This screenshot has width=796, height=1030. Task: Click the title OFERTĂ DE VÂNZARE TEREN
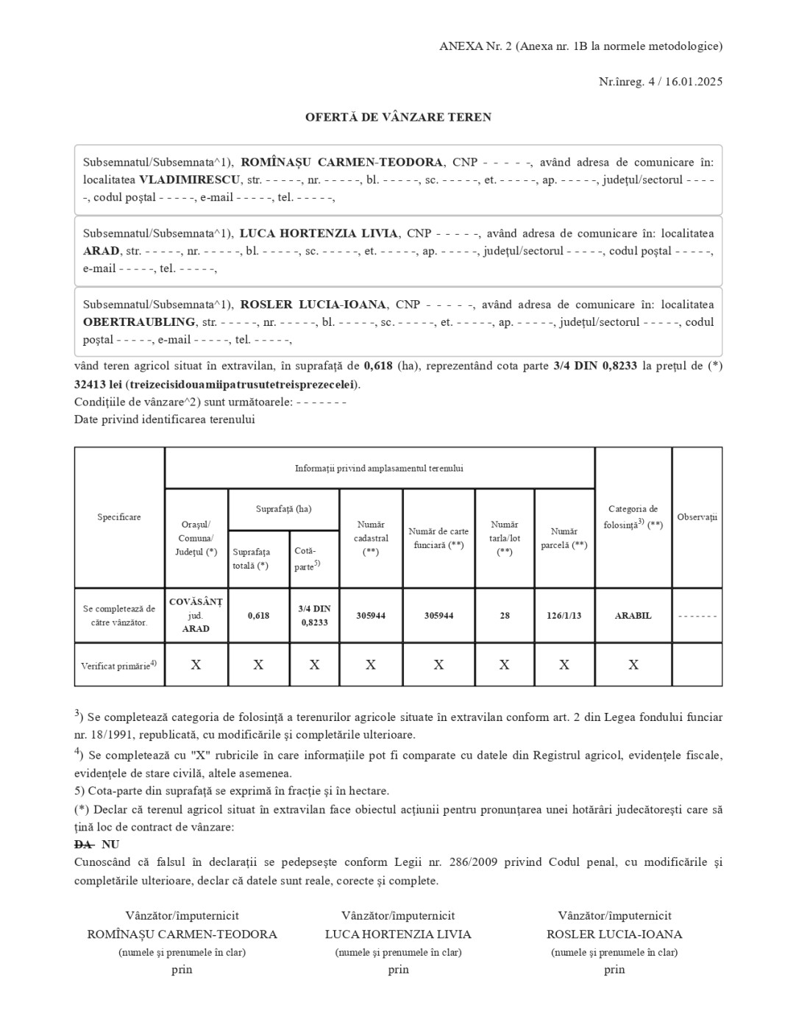[398, 117]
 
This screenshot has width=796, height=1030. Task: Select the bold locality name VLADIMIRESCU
[190, 180]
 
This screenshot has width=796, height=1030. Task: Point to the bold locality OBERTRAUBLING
[139, 322]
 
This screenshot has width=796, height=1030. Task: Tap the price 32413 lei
[99, 384]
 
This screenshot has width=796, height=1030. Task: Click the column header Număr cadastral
[371, 538]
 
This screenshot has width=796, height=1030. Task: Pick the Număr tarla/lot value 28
[505, 616]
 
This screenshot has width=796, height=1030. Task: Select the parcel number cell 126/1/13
[564, 616]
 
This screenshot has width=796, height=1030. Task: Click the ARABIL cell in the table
[633, 616]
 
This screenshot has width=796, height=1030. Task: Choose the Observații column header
[697, 517]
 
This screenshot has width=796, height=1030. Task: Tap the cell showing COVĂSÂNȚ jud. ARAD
[196, 615]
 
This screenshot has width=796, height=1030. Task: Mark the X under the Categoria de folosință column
[633, 665]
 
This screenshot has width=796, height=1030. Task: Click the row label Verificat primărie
[118, 665]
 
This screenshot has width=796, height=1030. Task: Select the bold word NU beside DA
[110, 845]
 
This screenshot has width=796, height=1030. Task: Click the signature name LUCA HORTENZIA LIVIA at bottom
[398, 934]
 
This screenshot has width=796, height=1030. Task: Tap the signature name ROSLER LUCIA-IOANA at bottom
[614, 934]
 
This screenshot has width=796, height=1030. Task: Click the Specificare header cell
[119, 517]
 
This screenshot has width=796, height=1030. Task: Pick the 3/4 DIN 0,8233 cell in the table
[314, 616]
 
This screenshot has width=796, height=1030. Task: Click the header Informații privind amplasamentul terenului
[379, 469]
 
